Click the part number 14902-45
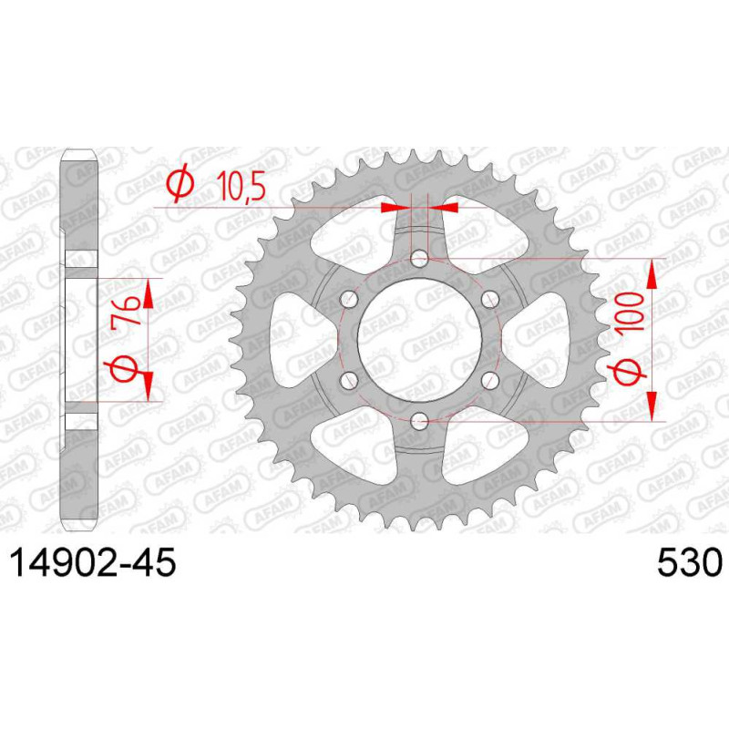[93, 562]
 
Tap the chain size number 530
[690, 562]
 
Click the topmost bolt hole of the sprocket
[420, 258]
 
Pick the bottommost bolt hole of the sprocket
[420, 422]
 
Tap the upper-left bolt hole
[349, 299]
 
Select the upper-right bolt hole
[490, 299]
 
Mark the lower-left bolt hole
[349, 381]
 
